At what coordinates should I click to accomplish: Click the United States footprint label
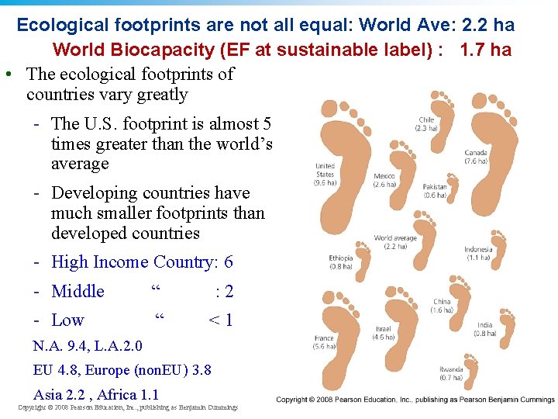(325, 175)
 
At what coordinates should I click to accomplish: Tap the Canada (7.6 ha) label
(476, 157)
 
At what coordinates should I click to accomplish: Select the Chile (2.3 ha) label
(426, 123)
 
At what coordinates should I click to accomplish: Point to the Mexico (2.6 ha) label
(384, 180)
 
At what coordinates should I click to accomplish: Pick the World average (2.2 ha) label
(394, 242)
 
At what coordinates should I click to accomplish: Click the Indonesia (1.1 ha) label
(478, 254)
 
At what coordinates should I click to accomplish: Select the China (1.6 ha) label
(442, 306)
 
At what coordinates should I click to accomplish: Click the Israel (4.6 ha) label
(384, 334)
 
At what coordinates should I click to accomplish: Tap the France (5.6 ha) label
(324, 343)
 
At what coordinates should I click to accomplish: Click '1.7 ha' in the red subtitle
(486, 50)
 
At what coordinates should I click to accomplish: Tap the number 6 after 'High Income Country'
(228, 262)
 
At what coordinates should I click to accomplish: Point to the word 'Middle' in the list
(77, 291)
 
